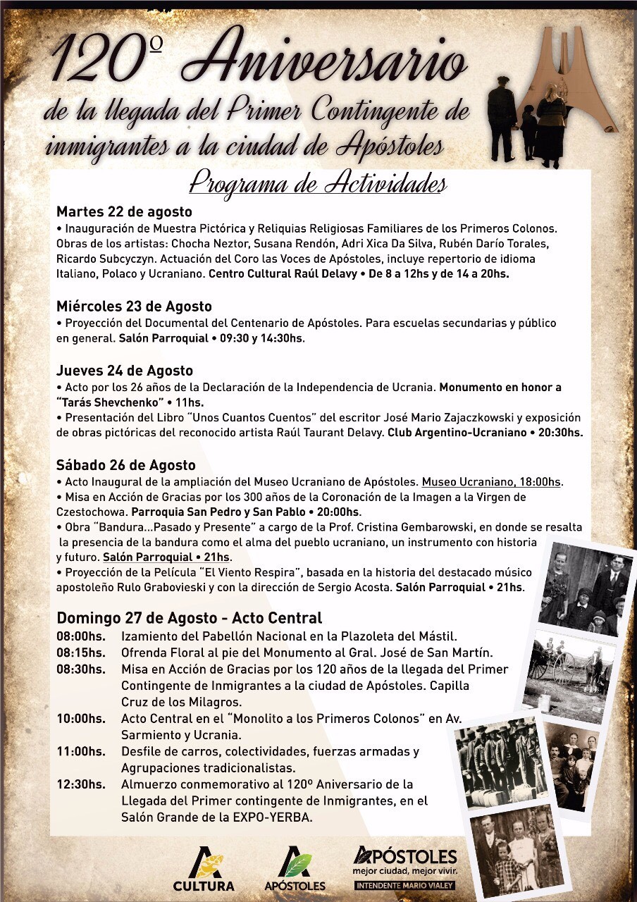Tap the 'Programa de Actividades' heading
[x=318, y=184]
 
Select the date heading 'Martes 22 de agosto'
[x=124, y=212]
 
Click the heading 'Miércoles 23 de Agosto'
[x=134, y=307]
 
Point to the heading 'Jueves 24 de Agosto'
[x=125, y=371]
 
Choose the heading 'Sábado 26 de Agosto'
[x=126, y=466]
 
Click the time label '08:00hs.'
[x=80, y=636]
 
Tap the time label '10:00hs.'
[x=80, y=719]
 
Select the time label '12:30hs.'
[x=80, y=784]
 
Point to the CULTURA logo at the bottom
[x=204, y=869]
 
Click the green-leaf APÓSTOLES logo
[x=295, y=869]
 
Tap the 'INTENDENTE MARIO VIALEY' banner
[x=404, y=885]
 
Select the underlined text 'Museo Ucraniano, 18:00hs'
[x=491, y=482]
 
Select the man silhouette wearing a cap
[x=502, y=116]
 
